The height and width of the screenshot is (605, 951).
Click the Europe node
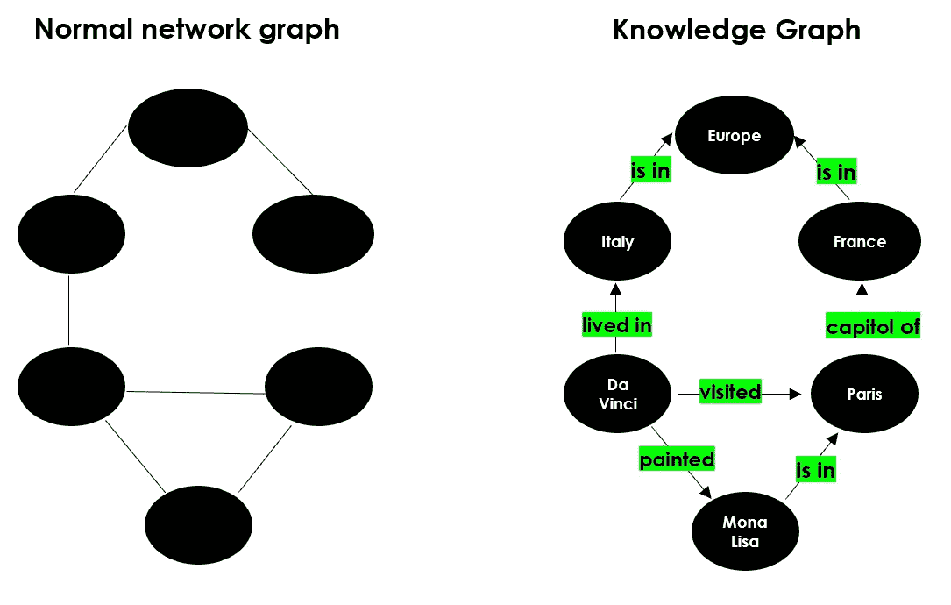click(735, 136)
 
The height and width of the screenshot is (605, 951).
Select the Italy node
click(617, 242)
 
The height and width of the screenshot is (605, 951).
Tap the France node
click(860, 242)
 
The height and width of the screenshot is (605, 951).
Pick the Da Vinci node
click(617, 395)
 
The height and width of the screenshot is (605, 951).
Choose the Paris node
click(864, 395)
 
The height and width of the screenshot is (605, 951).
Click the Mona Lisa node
click(745, 531)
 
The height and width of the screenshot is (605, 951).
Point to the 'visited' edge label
click(729, 392)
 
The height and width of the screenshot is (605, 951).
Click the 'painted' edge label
click(677, 459)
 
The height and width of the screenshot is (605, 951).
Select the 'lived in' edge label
click(617, 325)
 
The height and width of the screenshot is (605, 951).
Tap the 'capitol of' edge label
click(873, 327)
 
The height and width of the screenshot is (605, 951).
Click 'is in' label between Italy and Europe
click(650, 170)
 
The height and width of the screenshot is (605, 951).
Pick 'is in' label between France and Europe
click(835, 173)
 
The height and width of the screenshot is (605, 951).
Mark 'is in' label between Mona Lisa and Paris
click(815, 470)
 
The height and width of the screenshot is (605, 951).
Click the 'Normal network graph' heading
click(187, 29)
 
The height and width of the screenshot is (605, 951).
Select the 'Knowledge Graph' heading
click(736, 29)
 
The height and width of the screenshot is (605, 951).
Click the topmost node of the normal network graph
click(188, 129)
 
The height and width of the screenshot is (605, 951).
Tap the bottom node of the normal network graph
click(198, 525)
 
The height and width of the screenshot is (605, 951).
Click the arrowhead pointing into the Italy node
click(617, 288)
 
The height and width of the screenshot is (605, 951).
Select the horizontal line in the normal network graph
click(195, 393)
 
